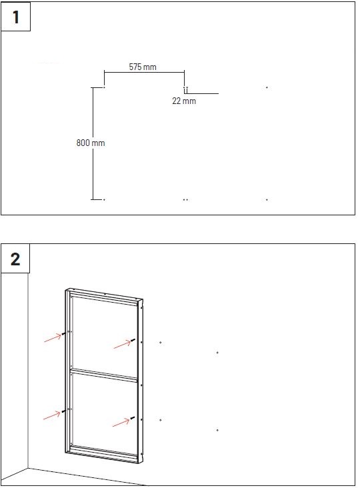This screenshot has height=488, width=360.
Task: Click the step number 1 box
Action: tap(15, 17)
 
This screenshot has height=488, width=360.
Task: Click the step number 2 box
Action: tap(15, 259)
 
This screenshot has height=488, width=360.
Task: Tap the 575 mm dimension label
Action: tap(143, 67)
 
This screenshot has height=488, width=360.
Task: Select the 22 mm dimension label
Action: tap(184, 101)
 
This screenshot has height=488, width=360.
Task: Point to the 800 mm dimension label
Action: tap(91, 143)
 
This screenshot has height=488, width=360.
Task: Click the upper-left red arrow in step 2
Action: tap(53, 338)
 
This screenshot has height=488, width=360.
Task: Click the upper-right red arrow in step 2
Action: tap(123, 344)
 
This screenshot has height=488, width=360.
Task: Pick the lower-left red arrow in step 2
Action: tap(52, 415)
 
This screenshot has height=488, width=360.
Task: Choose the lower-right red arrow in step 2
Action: tap(121, 422)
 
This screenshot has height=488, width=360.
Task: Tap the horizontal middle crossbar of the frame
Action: tap(104, 375)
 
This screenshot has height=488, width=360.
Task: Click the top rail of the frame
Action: tap(104, 295)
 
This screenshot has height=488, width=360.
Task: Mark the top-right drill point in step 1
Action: tap(267, 88)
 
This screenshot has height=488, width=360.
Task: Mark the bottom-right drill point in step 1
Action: tap(267, 199)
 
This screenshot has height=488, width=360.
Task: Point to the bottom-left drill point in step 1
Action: tap(104, 199)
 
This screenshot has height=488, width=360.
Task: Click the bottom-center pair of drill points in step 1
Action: tap(185, 199)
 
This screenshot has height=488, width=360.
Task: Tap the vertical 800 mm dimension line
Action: tap(93, 143)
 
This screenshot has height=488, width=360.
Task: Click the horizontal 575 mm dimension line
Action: tap(145, 72)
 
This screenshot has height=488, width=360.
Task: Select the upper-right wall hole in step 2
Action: tap(217, 353)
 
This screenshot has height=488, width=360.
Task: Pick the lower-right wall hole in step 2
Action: tap(217, 430)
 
